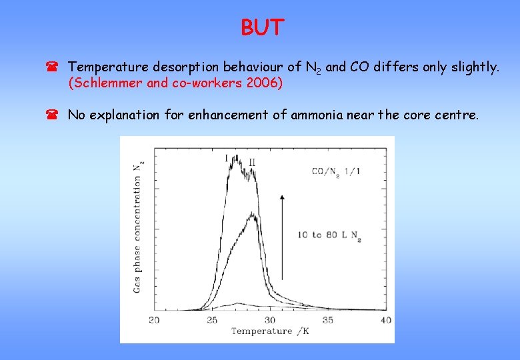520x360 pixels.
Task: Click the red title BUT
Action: coord(263,28)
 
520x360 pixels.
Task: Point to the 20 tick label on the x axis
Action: coord(154,321)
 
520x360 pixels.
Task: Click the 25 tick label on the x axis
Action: coord(212,321)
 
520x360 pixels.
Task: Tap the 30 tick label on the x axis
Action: coord(269,321)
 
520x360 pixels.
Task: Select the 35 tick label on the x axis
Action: coord(327,321)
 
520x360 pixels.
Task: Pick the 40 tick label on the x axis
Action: coord(385,321)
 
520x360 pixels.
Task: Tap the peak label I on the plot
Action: coord(227,157)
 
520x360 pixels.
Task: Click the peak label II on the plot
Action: coord(252,162)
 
